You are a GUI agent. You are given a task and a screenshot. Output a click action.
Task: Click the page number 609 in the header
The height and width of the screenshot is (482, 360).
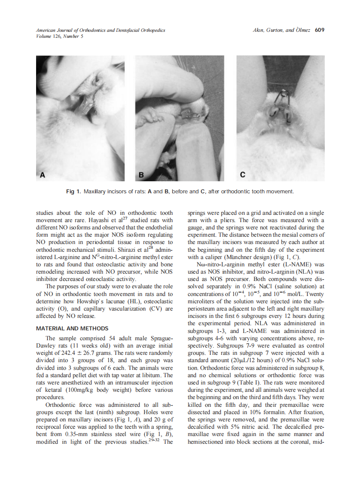point(319,30)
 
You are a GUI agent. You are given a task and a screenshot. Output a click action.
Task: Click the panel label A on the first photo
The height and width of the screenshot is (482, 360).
point(42,175)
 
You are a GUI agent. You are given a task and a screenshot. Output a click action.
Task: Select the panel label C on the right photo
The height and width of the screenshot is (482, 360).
point(243,175)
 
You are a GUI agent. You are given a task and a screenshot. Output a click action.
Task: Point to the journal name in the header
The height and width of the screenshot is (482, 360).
point(100,31)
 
